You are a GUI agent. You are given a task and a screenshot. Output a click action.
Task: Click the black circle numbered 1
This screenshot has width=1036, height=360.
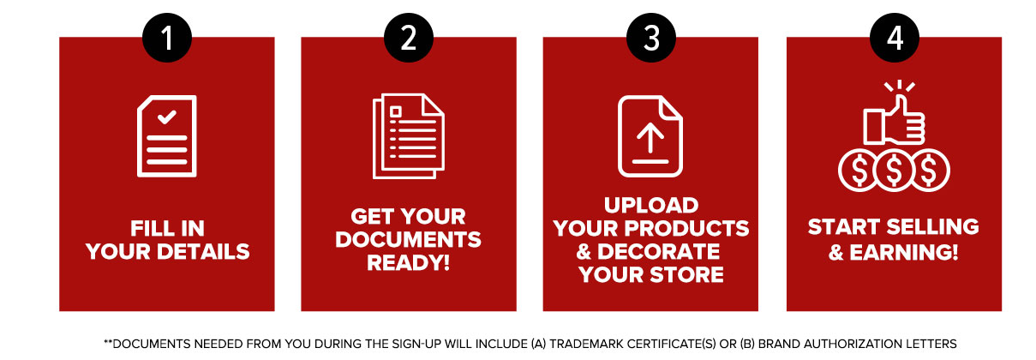pos(167,38)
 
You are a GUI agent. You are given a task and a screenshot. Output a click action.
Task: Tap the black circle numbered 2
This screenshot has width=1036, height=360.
pos(409,38)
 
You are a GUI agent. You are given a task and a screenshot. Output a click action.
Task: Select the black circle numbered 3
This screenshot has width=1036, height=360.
pos(650,38)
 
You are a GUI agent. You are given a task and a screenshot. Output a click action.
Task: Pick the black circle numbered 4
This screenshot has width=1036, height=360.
pos(895,38)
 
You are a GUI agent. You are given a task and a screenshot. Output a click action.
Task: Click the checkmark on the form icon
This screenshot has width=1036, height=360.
pos(166,117)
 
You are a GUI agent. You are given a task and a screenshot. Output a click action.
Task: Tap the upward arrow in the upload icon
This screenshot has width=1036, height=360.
pos(650,137)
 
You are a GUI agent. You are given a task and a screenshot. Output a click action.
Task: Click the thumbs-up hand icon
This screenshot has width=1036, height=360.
pos(894,120)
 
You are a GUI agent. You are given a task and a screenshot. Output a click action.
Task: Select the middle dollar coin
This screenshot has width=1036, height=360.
pos(894,171)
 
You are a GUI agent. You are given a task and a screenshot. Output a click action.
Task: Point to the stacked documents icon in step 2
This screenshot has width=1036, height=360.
pos(409,136)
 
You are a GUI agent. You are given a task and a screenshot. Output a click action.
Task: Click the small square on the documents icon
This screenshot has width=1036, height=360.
pos(395,111)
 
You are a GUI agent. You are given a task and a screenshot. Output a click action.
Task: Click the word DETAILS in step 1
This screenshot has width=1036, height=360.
pos(203,252)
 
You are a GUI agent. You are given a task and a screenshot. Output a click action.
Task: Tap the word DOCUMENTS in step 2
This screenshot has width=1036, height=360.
pos(409,240)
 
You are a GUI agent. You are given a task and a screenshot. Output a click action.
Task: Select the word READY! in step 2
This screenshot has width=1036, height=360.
pos(409,263)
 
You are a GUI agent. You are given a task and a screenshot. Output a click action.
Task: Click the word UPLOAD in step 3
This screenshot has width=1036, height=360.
pos(651,206)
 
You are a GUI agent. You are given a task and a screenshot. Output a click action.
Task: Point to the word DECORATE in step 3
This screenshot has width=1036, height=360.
pos(659,252)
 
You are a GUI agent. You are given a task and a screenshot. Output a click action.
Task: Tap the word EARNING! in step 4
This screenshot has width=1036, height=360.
pos(904,253)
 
